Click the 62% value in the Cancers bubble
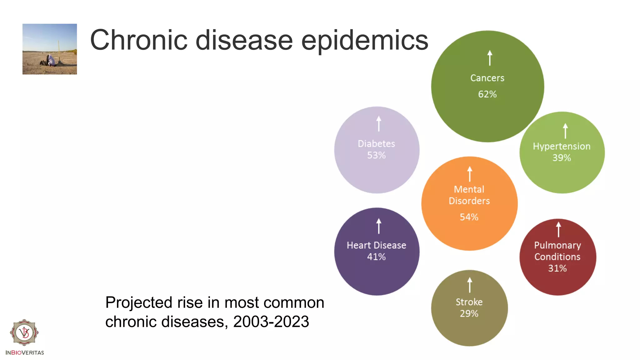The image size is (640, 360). [x=487, y=94]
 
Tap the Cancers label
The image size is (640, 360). [x=487, y=78]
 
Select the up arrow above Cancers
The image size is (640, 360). [x=490, y=58]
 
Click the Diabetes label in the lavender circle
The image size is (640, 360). [x=376, y=144]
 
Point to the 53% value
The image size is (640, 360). [x=376, y=155]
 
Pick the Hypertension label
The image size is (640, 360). [x=562, y=146]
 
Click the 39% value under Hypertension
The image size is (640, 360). [x=562, y=158]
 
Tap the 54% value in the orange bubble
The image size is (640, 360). [x=469, y=217]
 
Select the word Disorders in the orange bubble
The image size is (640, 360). [x=469, y=201]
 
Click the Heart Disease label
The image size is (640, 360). [x=376, y=245]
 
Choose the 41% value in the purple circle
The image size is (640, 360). [x=376, y=257]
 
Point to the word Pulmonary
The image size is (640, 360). [x=557, y=245]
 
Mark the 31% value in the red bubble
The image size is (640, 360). [x=557, y=268]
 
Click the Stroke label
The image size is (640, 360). [x=469, y=302]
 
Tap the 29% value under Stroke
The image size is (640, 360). [x=469, y=314]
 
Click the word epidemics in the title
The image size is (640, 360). [x=364, y=41]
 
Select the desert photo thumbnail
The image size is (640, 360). [x=50, y=49]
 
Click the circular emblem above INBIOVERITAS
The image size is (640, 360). [x=24, y=332]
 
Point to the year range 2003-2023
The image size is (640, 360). [x=271, y=322]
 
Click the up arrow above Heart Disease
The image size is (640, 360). [x=379, y=226]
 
